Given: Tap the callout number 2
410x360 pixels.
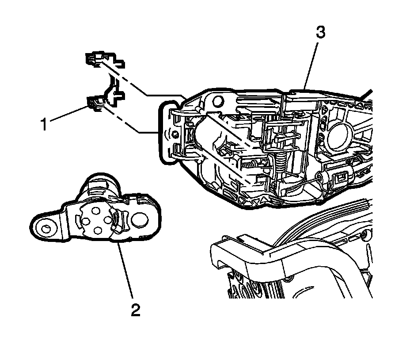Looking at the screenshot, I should click(x=136, y=310).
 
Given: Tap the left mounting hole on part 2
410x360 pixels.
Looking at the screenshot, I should click(x=46, y=229).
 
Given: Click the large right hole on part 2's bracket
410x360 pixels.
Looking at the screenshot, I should click(x=141, y=219).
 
